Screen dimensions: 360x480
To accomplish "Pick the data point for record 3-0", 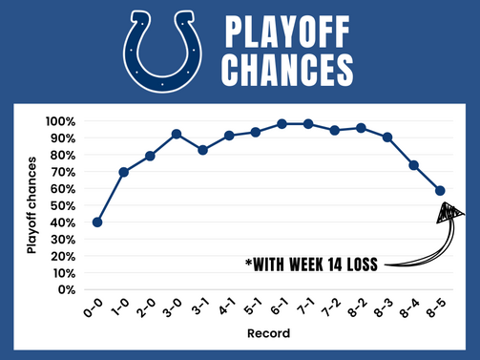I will pos(177,134).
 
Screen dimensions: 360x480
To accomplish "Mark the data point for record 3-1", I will pos(203,150).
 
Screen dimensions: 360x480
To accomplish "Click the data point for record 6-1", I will pos(282,123).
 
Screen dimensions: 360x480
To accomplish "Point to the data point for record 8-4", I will pos(414,165).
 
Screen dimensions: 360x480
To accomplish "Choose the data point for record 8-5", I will pos(441,190).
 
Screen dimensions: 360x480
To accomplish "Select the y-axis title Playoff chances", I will pos(31,204).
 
